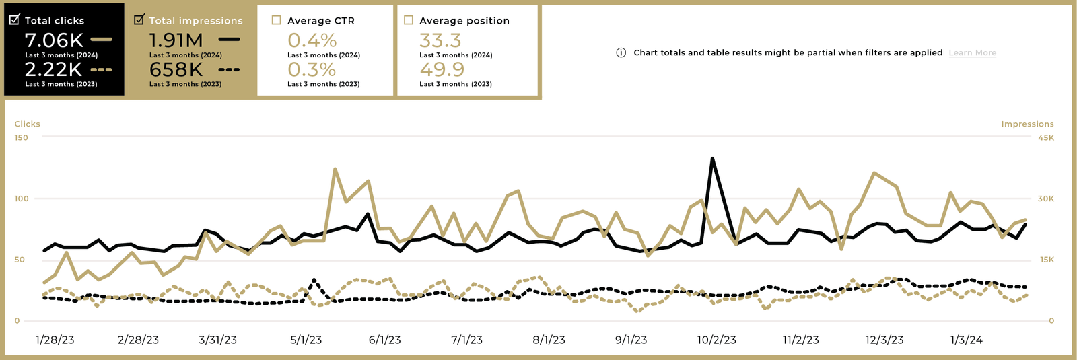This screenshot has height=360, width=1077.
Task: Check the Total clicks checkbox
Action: coord(14,20)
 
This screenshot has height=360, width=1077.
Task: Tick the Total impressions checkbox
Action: coord(139,20)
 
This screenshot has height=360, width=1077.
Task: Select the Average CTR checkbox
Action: coord(276,20)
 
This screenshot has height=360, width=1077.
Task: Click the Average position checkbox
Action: coord(409,20)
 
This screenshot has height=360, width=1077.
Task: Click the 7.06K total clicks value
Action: coord(54,40)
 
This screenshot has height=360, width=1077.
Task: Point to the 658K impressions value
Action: coord(176,69)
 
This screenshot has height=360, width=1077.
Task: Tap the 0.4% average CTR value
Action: coord(312,40)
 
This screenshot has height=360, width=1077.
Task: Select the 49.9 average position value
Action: coord(442,69)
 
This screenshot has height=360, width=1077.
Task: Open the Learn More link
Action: coord(972,52)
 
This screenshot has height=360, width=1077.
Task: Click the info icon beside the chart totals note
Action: coord(621,52)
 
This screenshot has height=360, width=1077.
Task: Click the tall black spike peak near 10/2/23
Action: coord(712,159)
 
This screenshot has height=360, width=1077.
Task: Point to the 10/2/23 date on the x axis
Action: coord(716,340)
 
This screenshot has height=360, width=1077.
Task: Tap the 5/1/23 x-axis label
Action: coord(306,340)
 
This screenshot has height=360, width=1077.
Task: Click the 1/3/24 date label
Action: coord(966,340)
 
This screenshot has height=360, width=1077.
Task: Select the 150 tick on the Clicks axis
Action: coord(22,137)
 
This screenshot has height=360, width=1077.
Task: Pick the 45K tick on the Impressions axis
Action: coord(1045,137)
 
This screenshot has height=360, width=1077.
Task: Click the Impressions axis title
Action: coord(1027,124)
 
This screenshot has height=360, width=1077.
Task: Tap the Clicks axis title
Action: coord(28,124)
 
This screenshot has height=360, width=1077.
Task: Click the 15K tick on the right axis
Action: coord(1046,260)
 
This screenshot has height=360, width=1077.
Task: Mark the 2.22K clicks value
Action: coord(53,69)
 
